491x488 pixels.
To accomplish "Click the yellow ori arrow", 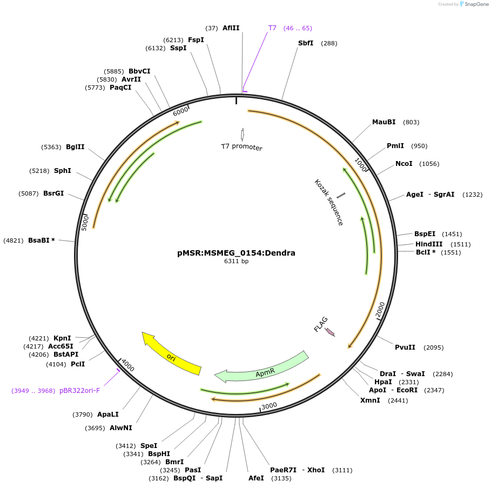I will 171,356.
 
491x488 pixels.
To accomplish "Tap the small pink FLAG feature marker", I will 329,332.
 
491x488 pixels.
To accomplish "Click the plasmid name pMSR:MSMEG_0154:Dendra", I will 236,252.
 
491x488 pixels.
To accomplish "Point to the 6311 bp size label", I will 236,261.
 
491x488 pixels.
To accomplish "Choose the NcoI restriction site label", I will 404,164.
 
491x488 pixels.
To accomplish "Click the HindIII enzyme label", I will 429,244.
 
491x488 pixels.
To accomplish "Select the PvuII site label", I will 405,347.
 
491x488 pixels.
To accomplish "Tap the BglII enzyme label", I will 75,147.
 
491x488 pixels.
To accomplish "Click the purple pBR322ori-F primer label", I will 79,390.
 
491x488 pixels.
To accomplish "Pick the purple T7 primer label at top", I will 272,28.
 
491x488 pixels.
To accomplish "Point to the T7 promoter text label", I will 241,147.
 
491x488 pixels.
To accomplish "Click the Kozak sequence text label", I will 328,203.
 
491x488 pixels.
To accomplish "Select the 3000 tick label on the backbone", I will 269,405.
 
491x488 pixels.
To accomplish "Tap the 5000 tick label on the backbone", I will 85,222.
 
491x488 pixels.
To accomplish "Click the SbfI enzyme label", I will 306,43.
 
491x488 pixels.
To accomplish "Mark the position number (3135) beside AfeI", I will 281,478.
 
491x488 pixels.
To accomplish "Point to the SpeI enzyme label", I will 149,446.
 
